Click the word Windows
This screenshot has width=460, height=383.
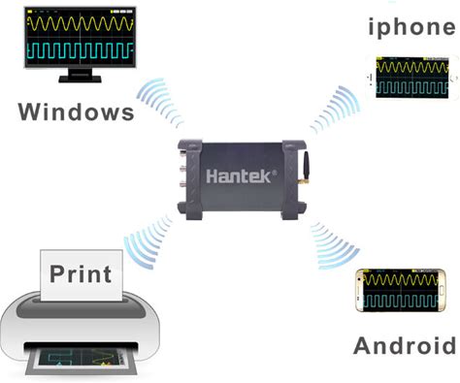tap(77, 112)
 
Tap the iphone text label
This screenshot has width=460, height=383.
tap(411, 27)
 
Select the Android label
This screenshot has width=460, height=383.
tap(405, 345)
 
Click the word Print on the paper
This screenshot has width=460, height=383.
tap(81, 274)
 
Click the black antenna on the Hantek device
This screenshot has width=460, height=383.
tap(306, 166)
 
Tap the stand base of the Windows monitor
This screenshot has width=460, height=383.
tap(80, 79)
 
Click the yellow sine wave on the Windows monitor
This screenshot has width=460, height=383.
tap(81, 23)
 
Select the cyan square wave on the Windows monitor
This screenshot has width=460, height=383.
tap(81, 50)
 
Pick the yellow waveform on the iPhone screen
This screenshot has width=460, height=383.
tap(412, 68)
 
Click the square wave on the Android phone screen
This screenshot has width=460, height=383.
tap(401, 302)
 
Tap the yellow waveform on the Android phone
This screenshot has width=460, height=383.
tap(401, 280)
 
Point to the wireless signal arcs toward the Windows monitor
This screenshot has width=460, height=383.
tap(160, 102)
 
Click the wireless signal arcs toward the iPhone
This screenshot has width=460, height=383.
tap(335, 110)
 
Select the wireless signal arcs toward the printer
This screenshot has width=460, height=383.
tap(148, 240)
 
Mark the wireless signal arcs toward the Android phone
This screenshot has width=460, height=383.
tap(335, 246)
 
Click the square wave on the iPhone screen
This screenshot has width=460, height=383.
tap(412, 87)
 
